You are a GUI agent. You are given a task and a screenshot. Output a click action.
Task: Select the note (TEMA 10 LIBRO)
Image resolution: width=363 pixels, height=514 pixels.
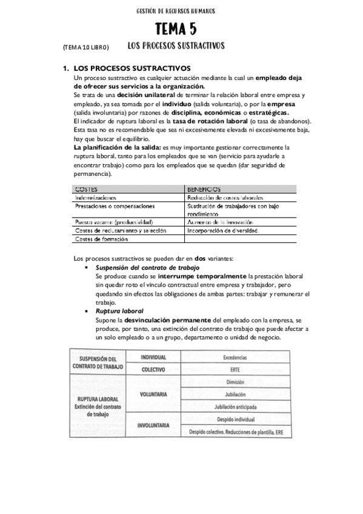pyautogui.click(x=85, y=47)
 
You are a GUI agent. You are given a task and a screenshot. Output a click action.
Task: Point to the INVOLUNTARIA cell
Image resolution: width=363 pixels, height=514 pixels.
pyautogui.click(x=153, y=425)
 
